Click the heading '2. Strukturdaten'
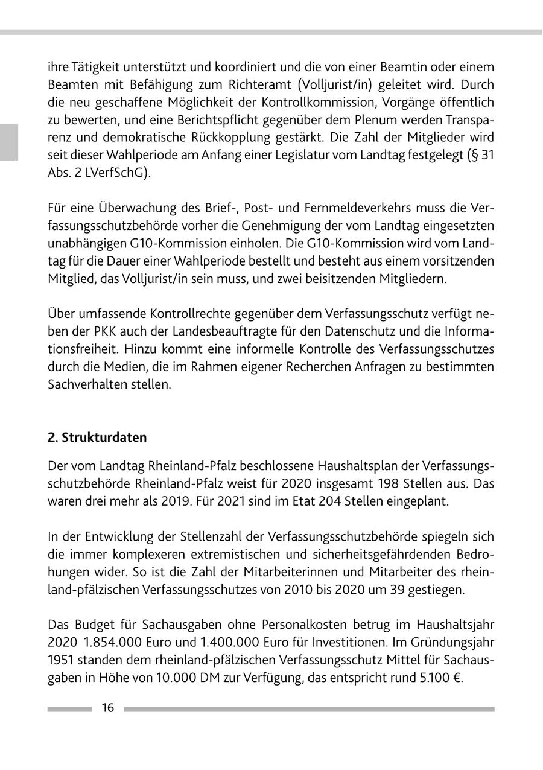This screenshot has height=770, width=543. (97, 437)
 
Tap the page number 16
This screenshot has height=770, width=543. (107, 708)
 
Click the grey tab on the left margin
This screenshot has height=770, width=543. (8, 142)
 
